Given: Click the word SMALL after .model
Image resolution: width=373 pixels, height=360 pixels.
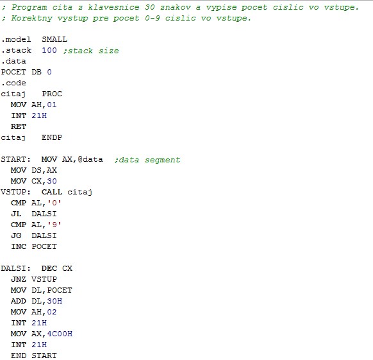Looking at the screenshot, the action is (x=54, y=39).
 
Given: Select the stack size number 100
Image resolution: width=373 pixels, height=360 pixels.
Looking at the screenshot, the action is (x=49, y=50).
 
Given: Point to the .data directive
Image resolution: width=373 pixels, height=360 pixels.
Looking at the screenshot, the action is (x=13, y=61).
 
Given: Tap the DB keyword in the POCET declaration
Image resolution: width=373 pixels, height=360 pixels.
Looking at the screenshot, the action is (x=37, y=72).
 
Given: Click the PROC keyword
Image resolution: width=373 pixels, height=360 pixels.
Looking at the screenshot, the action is (x=52, y=94).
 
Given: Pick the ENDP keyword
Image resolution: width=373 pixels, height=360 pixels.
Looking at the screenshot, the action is (x=52, y=137).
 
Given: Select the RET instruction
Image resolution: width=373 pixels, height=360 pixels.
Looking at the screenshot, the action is (x=19, y=126).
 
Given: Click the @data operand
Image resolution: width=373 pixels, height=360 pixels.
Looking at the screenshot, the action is (x=90, y=159).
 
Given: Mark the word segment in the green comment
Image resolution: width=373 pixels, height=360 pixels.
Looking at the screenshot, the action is (x=163, y=160).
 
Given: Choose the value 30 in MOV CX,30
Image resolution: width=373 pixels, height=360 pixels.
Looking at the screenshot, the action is (x=52, y=181).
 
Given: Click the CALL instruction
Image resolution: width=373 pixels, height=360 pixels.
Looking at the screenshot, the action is (x=52, y=192).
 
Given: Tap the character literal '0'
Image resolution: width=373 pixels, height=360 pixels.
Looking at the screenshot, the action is (x=54, y=203).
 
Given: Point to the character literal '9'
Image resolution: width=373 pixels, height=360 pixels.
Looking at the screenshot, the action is (x=54, y=225).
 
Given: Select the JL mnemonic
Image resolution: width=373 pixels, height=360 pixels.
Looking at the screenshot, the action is (x=16, y=214).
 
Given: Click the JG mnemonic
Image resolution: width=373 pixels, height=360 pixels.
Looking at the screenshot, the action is (x=16, y=236).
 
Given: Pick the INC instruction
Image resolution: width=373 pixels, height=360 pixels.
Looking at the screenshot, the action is (x=19, y=246).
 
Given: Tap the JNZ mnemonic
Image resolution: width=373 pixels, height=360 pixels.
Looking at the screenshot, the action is (x=19, y=279).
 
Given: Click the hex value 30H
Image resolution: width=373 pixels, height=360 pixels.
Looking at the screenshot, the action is (x=54, y=301).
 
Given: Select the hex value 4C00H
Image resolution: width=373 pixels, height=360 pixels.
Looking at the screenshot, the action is (x=60, y=334).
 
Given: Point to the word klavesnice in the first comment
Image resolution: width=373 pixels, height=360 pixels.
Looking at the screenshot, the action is (x=113, y=8).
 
